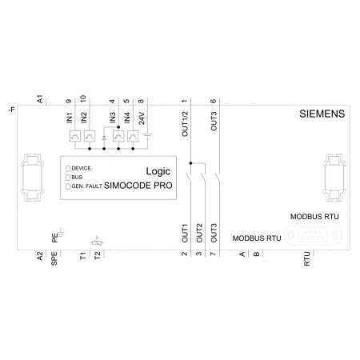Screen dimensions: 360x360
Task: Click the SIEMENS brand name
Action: point(322,114)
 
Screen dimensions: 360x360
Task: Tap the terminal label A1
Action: point(40,99)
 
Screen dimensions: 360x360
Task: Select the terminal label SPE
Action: point(54,258)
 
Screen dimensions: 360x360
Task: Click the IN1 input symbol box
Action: point(75,136)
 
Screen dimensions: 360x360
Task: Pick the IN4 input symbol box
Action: point(133,136)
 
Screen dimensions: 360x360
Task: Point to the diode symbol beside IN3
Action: point(104,138)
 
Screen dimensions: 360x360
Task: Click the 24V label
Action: point(142,118)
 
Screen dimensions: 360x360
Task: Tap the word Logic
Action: point(158,171)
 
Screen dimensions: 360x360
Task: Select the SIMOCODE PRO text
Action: point(138,186)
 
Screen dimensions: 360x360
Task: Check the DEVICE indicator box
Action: point(68,169)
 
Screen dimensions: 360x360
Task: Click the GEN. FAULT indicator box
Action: point(68,186)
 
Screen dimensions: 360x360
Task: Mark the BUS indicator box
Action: point(68,178)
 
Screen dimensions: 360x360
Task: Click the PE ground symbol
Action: point(61,233)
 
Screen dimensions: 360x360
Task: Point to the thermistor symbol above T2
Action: point(97,242)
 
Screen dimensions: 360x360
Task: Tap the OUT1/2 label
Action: point(185,124)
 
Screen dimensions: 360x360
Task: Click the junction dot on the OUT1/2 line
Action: point(190,163)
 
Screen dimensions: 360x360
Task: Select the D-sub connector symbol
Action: point(313,235)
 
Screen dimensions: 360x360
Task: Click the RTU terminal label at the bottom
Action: point(307,258)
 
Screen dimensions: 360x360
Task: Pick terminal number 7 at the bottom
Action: point(213,254)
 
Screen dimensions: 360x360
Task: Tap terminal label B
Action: point(256,254)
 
